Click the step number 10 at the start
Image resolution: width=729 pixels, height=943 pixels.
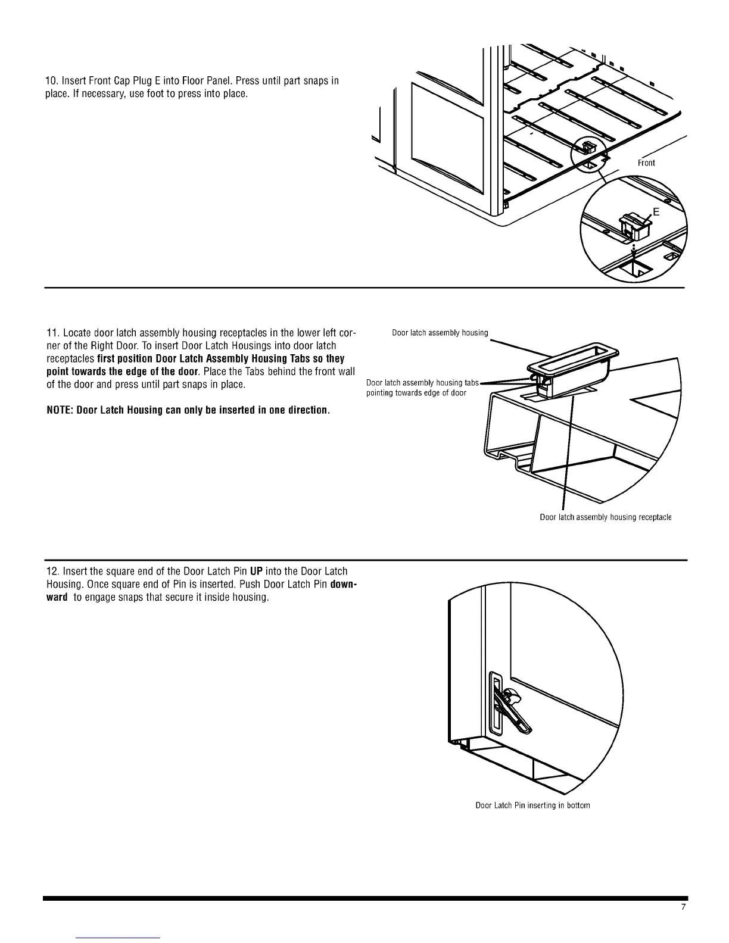[51, 81]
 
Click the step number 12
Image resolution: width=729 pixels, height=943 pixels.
[51, 571]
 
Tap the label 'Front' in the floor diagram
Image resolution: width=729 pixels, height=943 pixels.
[646, 163]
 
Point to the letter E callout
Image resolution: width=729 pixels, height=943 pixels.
[656, 212]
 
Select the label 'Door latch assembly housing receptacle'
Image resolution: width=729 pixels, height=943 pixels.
[605, 517]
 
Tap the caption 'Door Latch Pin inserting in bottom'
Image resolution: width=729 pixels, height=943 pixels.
[532, 805]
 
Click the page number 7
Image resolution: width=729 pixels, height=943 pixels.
[683, 907]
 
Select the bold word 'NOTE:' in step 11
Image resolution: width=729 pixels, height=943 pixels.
[61, 411]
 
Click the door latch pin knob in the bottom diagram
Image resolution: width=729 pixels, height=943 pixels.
[512, 695]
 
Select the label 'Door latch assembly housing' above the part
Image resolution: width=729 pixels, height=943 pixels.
[440, 333]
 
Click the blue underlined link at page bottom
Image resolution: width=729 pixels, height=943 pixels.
[119, 938]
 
